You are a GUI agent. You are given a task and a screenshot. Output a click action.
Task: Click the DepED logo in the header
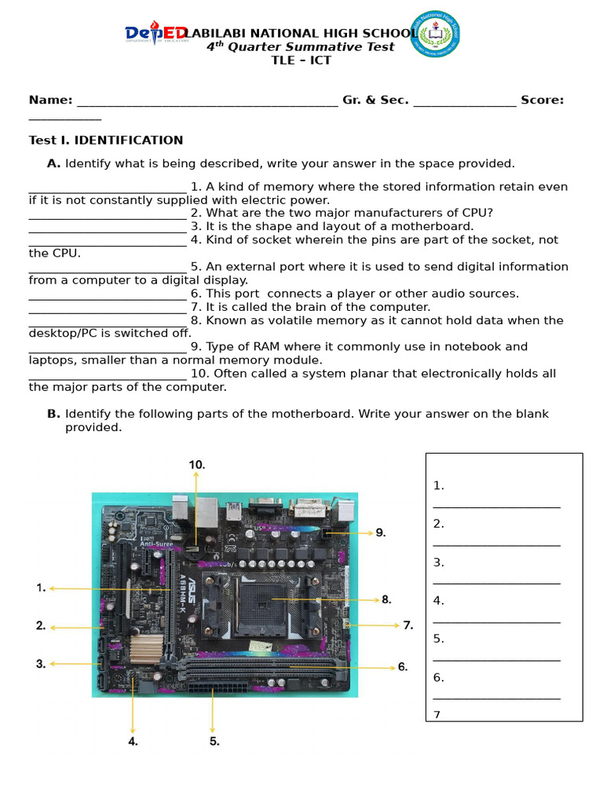click(x=155, y=34)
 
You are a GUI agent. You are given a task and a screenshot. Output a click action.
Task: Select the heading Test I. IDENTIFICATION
click(x=106, y=141)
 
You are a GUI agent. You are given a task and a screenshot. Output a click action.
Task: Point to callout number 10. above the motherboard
click(x=196, y=465)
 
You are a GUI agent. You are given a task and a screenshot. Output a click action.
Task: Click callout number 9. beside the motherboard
click(x=381, y=532)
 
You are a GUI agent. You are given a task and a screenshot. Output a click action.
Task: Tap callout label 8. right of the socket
click(x=386, y=600)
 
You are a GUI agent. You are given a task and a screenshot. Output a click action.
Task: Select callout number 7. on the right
click(x=407, y=626)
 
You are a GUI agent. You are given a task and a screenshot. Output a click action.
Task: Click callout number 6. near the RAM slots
click(x=403, y=667)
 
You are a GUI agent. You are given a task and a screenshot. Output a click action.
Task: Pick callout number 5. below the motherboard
click(x=214, y=740)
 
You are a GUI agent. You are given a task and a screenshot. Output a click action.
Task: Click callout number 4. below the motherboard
click(x=133, y=740)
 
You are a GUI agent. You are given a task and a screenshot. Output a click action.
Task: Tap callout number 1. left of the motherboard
click(x=41, y=587)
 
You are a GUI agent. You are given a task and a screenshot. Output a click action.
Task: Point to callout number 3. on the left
click(x=41, y=664)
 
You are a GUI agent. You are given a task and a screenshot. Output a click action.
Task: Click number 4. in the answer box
click(x=438, y=601)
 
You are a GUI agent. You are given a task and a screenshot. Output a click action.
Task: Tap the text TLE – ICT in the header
click(x=301, y=60)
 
